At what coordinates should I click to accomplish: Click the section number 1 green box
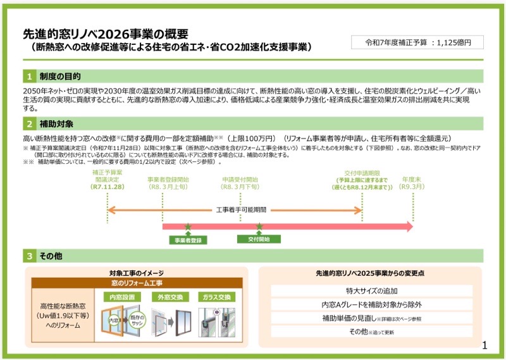point(30,77)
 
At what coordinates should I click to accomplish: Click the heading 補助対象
point(56,123)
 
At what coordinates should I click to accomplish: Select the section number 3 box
point(30,256)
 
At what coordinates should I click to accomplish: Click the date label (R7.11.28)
point(108,187)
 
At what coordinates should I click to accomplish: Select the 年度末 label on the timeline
point(412,180)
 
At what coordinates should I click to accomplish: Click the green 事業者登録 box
point(187,240)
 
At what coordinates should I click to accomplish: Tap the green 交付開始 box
point(259,239)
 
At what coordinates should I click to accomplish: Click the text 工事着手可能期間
point(241,209)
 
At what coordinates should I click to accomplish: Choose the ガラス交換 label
point(216,295)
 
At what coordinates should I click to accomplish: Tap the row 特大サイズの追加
point(371,290)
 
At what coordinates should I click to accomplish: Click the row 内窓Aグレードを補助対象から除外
point(371,304)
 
